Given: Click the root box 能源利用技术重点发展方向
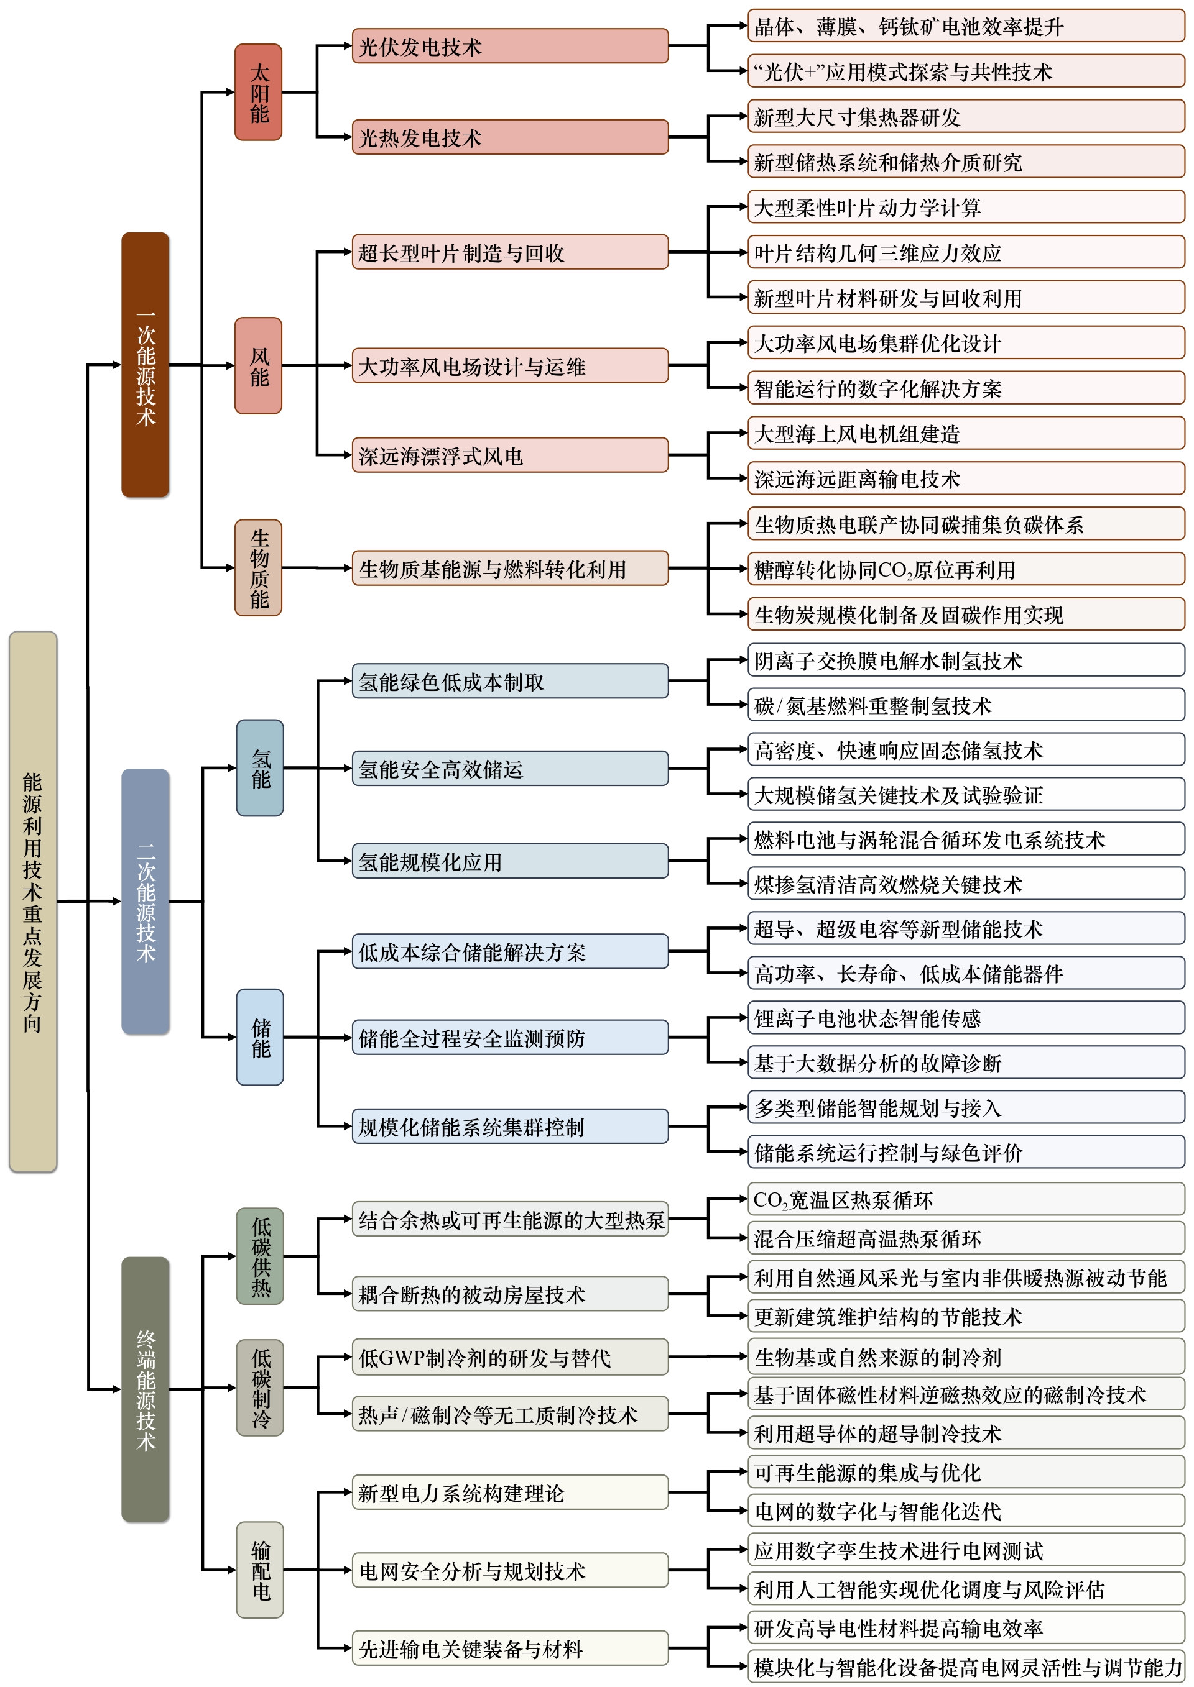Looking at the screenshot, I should [x=32, y=901].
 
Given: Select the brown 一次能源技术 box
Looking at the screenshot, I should [x=145, y=365].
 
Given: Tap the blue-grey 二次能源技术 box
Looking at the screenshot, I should [x=145, y=901].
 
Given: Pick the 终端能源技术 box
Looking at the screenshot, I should [x=145, y=1389].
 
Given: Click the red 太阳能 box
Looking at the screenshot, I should [x=258, y=92].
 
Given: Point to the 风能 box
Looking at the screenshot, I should [x=258, y=365].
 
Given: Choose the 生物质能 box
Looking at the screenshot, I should [x=258, y=567].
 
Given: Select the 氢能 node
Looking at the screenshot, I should [x=259, y=768].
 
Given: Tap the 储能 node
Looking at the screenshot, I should [x=259, y=1036].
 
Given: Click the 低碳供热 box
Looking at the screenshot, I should [x=259, y=1256].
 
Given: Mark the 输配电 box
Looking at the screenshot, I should [x=259, y=1570].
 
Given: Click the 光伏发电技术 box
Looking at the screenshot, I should [x=509, y=45].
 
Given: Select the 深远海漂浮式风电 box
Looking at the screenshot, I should [x=509, y=455].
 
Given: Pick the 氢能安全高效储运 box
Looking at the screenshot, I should [x=509, y=768].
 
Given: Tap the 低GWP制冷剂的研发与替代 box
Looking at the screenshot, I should [x=509, y=1356].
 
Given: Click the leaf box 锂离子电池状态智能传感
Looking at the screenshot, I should [x=965, y=1018].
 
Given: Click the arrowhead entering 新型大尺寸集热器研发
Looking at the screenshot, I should [x=743, y=116].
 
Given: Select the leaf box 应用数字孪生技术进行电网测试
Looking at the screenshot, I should [x=965, y=1550].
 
